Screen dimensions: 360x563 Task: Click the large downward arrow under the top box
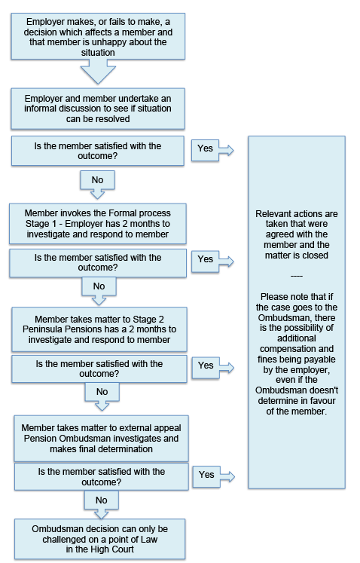(x=98, y=71)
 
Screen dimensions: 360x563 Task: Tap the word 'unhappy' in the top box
(x=107, y=42)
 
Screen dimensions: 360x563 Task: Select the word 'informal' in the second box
(x=39, y=109)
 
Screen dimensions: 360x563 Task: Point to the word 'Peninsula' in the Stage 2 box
(x=39, y=329)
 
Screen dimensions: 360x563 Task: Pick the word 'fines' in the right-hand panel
(x=267, y=360)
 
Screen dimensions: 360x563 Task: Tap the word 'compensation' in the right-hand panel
(x=284, y=349)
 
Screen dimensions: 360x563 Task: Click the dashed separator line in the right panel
(x=297, y=276)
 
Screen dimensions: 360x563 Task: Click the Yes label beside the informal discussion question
(x=205, y=148)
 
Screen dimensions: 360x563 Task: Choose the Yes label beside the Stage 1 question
(x=206, y=259)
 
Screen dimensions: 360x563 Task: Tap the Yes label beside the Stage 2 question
(x=206, y=366)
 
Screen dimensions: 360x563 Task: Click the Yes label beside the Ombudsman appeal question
(x=206, y=475)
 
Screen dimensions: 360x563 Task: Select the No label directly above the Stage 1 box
(x=97, y=180)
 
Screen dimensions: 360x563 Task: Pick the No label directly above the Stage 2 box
(x=99, y=286)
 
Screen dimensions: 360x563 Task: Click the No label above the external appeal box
(x=102, y=392)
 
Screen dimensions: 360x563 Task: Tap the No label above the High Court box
(x=101, y=500)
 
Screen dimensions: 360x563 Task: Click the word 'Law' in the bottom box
(x=149, y=540)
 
